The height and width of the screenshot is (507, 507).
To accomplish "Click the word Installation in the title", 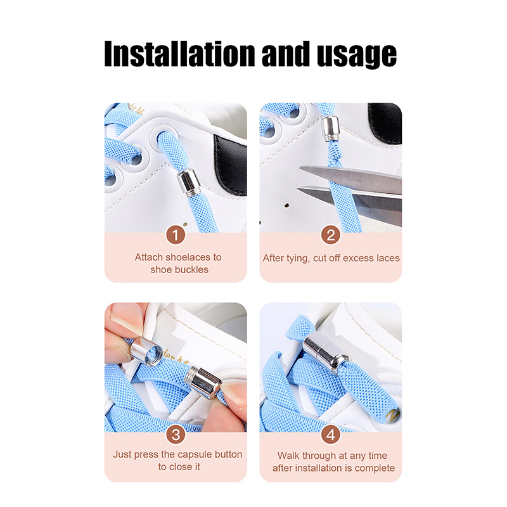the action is [x=180, y=54].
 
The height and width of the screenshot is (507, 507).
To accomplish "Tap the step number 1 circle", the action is [x=176, y=235].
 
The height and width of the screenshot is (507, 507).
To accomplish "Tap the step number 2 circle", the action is [x=330, y=235].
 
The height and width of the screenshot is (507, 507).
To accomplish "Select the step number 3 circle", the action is [x=176, y=435].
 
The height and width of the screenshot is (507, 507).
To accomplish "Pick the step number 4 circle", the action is [x=330, y=435].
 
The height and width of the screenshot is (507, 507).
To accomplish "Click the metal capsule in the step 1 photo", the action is [x=189, y=183].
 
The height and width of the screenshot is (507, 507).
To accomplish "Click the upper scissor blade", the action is [x=351, y=179].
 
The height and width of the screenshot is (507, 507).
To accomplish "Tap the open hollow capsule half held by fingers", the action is [x=146, y=351].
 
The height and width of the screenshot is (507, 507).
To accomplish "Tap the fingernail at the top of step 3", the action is [x=126, y=318].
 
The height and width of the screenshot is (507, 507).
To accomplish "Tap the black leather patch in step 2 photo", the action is [x=385, y=123].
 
